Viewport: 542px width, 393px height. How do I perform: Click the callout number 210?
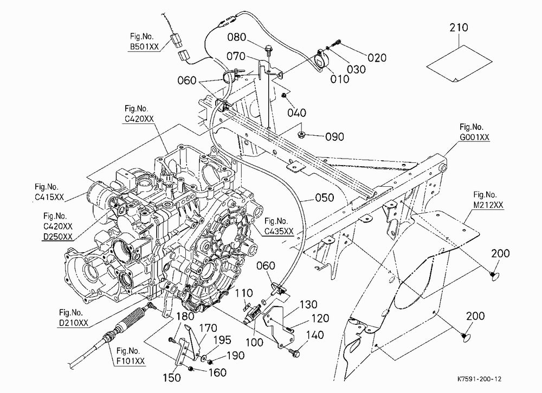click(x=459, y=27)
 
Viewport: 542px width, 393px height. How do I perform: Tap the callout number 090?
click(x=334, y=137)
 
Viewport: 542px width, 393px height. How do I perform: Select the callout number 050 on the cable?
click(x=325, y=198)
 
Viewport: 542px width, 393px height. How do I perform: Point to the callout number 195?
click(x=222, y=340)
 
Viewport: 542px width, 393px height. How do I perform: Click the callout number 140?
click(x=315, y=335)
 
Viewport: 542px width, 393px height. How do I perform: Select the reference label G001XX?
click(x=475, y=137)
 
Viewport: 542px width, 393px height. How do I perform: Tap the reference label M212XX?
click(x=488, y=205)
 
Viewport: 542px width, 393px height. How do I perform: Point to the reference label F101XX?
click(x=130, y=361)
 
